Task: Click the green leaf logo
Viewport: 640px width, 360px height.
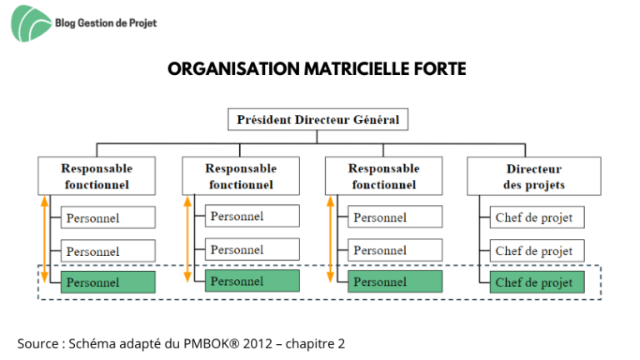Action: (x=31, y=23)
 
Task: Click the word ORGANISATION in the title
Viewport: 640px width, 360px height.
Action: (x=234, y=69)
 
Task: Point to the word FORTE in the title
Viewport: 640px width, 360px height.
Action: (x=440, y=69)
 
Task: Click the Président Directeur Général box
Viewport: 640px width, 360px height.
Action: (x=318, y=120)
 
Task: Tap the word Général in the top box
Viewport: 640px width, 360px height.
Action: (x=376, y=120)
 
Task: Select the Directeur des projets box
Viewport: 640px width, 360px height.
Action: (x=534, y=177)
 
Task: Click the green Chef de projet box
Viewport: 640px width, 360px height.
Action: (x=537, y=282)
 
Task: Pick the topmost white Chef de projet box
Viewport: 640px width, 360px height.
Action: (x=537, y=217)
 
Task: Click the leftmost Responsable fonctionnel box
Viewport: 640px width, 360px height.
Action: (x=97, y=176)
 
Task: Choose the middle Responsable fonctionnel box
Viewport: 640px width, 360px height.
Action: (x=241, y=176)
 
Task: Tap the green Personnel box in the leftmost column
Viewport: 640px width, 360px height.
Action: (x=107, y=282)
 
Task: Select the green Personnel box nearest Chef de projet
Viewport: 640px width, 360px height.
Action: (x=395, y=281)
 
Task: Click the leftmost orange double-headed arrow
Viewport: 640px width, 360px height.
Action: (x=44, y=240)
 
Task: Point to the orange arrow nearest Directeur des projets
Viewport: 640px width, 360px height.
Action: (x=330, y=240)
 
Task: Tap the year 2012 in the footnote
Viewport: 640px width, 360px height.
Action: (x=257, y=343)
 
